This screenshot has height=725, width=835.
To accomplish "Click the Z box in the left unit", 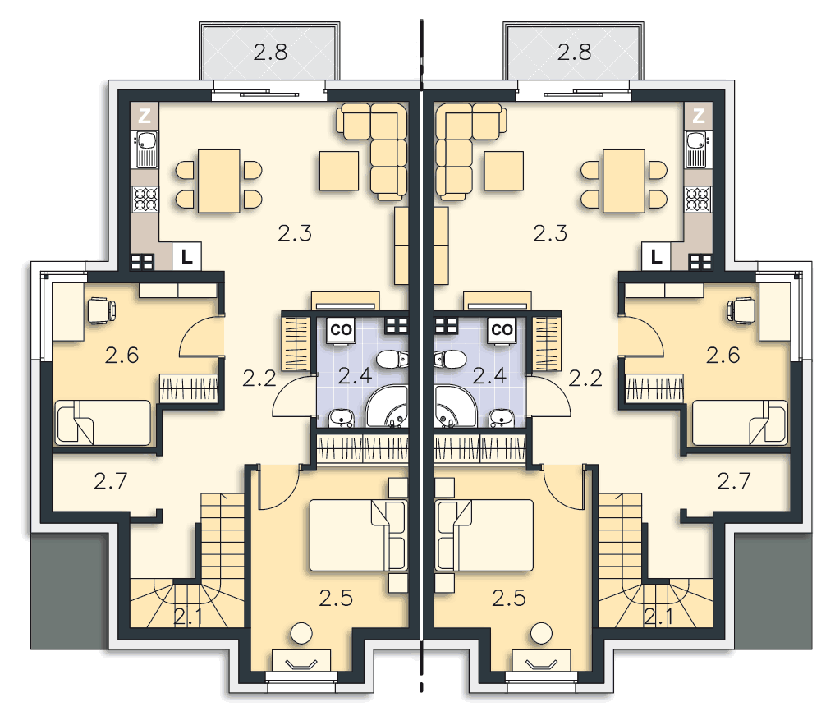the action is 145,116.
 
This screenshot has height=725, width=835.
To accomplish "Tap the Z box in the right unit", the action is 698,116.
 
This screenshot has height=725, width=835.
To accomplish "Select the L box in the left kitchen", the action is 186,257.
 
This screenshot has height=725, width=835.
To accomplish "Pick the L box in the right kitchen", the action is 656,257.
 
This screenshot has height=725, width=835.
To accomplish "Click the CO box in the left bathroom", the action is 341,330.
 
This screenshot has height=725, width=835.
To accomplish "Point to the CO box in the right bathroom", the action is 502,330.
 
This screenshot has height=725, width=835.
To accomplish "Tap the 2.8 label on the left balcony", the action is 270,53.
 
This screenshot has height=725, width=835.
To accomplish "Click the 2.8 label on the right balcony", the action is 574,53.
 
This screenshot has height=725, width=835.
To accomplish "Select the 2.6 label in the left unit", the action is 122,356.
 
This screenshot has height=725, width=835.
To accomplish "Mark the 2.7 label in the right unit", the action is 734,482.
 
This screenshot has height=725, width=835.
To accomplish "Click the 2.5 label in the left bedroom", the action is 336,599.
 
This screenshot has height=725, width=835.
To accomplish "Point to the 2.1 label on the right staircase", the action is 658,617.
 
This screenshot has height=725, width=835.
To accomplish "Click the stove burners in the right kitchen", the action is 698,200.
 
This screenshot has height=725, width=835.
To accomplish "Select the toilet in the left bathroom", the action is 392,359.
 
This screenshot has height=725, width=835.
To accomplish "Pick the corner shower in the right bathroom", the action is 456,407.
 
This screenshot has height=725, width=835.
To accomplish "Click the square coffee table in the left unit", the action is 339,171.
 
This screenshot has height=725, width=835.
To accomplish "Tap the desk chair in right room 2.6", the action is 741,311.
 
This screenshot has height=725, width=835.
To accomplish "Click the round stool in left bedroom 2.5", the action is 301,633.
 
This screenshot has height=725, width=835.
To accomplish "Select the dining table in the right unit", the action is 624,181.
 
